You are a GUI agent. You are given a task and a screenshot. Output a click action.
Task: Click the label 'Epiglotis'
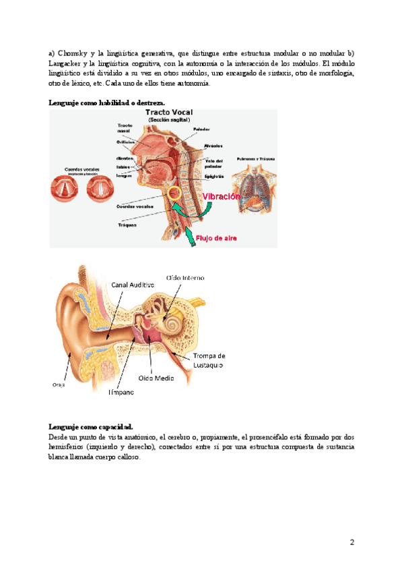coord(215,176)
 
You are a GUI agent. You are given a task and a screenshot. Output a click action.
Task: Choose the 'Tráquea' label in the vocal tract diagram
coord(127,225)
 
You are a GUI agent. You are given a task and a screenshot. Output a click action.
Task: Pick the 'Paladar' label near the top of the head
coord(201,129)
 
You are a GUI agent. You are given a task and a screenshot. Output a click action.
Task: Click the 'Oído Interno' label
coord(186,277)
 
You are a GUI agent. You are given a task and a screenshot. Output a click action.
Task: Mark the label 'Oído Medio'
coord(156,377)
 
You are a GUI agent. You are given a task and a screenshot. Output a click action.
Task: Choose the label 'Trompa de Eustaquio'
coord(209,360)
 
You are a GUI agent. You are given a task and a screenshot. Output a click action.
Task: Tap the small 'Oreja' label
coord(59,384)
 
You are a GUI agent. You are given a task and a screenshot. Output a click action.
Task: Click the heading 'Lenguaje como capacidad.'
coord(91,426)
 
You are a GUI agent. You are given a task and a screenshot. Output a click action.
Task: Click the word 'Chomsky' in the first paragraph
coord(78,53)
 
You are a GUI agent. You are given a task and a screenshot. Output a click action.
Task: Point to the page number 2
coord(352,542)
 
